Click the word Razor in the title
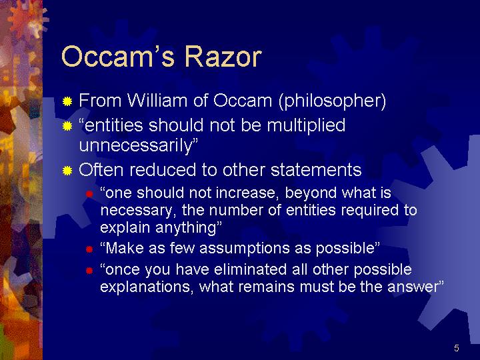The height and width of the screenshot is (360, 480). point(223,57)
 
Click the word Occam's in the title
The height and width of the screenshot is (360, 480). point(118,57)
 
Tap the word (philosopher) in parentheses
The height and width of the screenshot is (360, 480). point(333,101)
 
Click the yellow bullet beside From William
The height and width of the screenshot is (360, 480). point(67,101)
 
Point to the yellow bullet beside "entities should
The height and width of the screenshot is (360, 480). point(67,126)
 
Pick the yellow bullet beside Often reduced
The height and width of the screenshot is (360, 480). point(67,171)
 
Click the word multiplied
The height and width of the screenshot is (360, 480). point(306,126)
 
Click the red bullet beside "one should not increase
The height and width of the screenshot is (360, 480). point(89,194)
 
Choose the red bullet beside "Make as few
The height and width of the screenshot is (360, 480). point(89,249)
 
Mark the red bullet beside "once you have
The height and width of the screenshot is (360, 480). point(89,271)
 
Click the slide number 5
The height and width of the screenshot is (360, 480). point(457,348)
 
